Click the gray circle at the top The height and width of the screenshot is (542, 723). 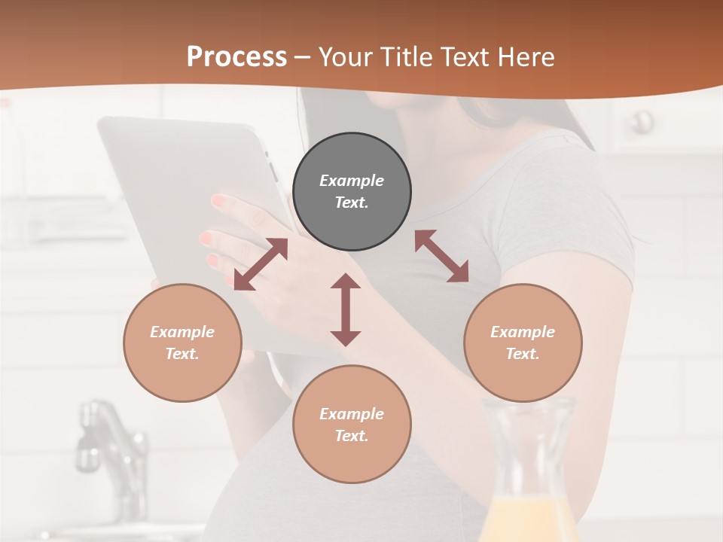point(352,192)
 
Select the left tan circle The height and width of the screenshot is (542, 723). point(182,343)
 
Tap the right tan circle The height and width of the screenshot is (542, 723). point(523,343)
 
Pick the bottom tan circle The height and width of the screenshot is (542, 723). point(352,425)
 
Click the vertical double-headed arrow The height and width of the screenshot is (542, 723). point(346,309)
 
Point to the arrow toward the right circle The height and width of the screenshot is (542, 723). point(441,256)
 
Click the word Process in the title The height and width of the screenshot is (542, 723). point(236,57)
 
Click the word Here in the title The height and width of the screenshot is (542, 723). point(526,57)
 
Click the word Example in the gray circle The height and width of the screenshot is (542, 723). point(352,181)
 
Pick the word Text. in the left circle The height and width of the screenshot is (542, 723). point(182,354)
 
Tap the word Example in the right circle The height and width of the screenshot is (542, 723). point(523,332)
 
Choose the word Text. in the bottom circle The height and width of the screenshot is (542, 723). point(352,436)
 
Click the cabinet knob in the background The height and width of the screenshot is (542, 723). point(642,120)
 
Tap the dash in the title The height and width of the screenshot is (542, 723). point(303,57)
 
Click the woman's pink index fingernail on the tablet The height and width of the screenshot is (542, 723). point(218,201)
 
